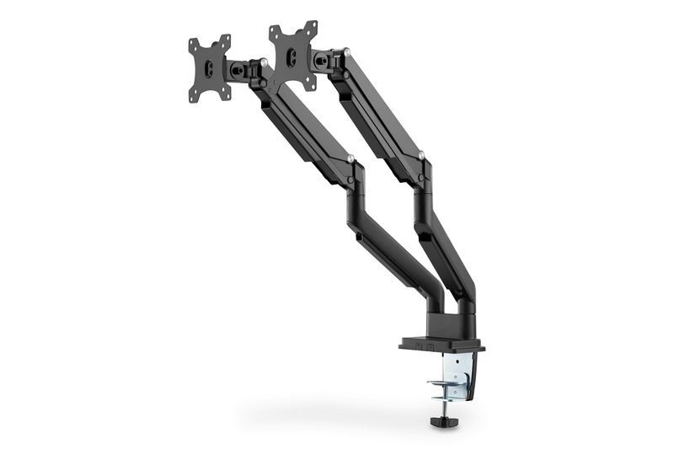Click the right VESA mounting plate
click(292, 56)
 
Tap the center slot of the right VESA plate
click(292, 56)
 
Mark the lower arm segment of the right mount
click(447, 244)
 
